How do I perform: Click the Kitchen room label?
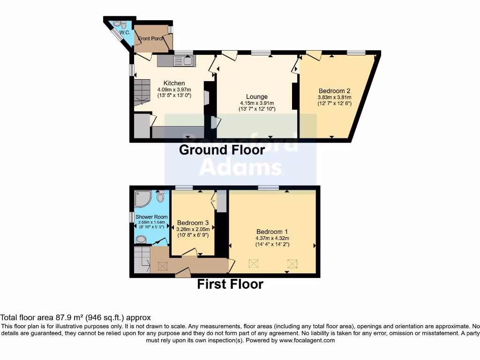click(x=174, y=83)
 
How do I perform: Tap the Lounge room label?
click(x=257, y=97)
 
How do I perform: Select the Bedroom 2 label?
click(x=334, y=91)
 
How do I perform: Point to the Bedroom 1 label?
click(x=272, y=232)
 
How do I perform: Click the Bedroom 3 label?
click(x=193, y=223)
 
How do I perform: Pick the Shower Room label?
click(x=151, y=217)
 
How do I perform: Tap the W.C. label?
click(x=125, y=33)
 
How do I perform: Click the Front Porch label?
click(x=151, y=38)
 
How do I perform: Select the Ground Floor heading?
click(x=222, y=150)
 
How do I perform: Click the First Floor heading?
click(x=230, y=284)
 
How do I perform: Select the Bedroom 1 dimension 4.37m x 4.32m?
click(x=272, y=238)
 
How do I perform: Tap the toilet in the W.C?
click(x=117, y=24)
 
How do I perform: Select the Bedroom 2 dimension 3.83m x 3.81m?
click(x=334, y=97)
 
